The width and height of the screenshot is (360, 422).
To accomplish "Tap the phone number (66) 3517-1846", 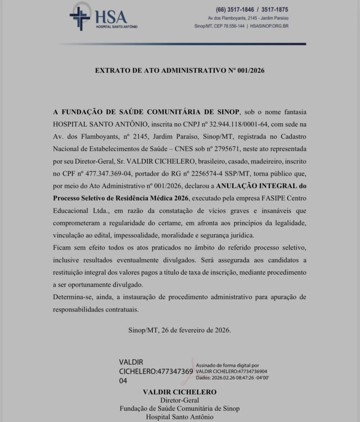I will pyautogui.click(x=233, y=9).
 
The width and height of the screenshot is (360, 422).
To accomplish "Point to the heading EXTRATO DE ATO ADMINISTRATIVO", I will pyautogui.click(x=180, y=70).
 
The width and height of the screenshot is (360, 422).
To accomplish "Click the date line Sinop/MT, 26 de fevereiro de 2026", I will pyautogui.click(x=180, y=330).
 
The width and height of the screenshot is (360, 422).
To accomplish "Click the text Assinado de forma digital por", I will pyautogui.click(x=227, y=365).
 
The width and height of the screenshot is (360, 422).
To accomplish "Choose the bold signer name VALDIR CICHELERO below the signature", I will pyautogui.click(x=180, y=392).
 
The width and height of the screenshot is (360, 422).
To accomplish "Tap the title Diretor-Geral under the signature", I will pyautogui.click(x=180, y=400).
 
